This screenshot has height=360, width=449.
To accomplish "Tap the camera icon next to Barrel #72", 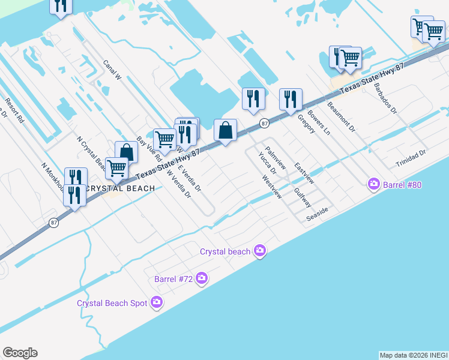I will click(202, 278).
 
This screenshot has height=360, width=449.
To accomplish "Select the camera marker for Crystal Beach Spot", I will click(157, 302).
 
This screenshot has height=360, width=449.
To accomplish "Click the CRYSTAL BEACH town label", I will click(120, 188).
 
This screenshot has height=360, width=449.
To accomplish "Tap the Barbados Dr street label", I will click(385, 98).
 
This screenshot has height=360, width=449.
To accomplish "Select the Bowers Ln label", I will click(319, 121).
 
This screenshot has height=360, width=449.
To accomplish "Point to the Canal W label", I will click(112, 70).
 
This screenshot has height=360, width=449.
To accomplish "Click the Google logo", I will click(20, 353).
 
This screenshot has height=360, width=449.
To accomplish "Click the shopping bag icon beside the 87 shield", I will click(225, 131).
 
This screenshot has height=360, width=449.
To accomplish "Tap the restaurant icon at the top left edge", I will click(61, 6).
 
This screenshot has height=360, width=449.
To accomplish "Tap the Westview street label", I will click(272, 187).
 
